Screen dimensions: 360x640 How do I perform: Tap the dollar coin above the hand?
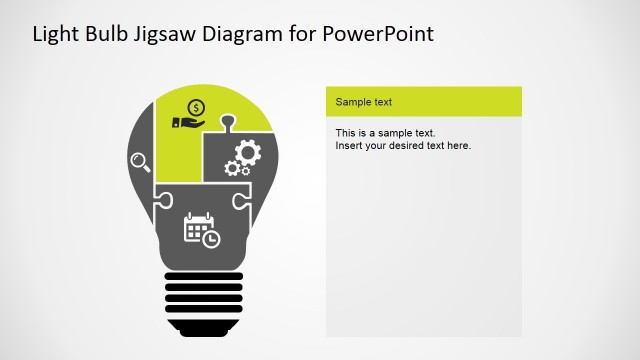click(x=196, y=107)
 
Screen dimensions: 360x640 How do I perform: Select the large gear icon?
click(x=246, y=152)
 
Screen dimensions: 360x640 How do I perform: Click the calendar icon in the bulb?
click(x=197, y=227)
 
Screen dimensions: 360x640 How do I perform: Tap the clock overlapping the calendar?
click(x=210, y=239)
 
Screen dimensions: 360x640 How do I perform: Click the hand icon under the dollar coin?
click(x=188, y=123)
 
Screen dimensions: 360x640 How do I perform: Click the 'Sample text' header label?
click(x=363, y=102)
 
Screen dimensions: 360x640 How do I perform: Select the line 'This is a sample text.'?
click(x=386, y=133)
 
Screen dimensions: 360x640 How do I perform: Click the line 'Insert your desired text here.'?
click(x=402, y=146)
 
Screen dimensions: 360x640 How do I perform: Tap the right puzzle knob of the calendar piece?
click(x=238, y=199)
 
